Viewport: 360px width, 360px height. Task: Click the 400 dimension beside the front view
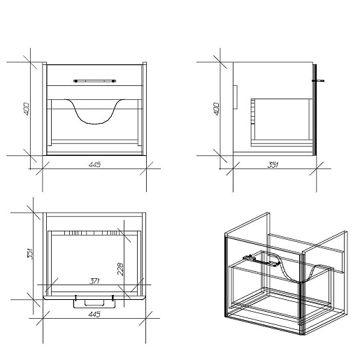27,109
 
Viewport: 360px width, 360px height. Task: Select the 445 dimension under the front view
94,165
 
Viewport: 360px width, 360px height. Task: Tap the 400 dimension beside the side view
217,109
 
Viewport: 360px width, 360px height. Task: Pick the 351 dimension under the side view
273,165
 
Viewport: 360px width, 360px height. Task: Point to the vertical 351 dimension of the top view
30,254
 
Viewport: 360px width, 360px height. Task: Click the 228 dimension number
120,269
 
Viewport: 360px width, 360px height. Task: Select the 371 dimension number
94,281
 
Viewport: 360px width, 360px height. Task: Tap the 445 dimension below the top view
94,314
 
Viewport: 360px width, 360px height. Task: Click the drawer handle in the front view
94,81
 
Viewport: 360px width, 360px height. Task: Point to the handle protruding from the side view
318,81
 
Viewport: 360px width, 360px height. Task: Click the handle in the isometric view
260,261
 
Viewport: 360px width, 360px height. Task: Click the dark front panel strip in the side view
315,110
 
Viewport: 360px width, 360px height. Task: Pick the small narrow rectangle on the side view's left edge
236,97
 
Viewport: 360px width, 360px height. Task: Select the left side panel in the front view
45,108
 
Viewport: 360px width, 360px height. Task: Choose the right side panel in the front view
145,108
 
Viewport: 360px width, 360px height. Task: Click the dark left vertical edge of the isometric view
226,276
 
